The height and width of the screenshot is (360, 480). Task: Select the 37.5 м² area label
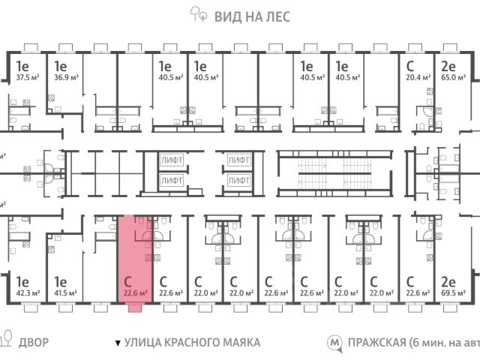[x=28, y=76]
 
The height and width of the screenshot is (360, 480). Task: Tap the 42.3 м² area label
[x=28, y=293]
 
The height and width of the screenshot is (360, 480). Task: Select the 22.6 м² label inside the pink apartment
[x=135, y=293]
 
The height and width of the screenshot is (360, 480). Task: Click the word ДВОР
[x=34, y=342]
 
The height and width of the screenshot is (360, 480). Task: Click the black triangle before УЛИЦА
[x=117, y=343]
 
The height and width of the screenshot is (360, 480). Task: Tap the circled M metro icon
[x=334, y=343]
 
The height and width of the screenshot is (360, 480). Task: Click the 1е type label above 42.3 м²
[x=21, y=282]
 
